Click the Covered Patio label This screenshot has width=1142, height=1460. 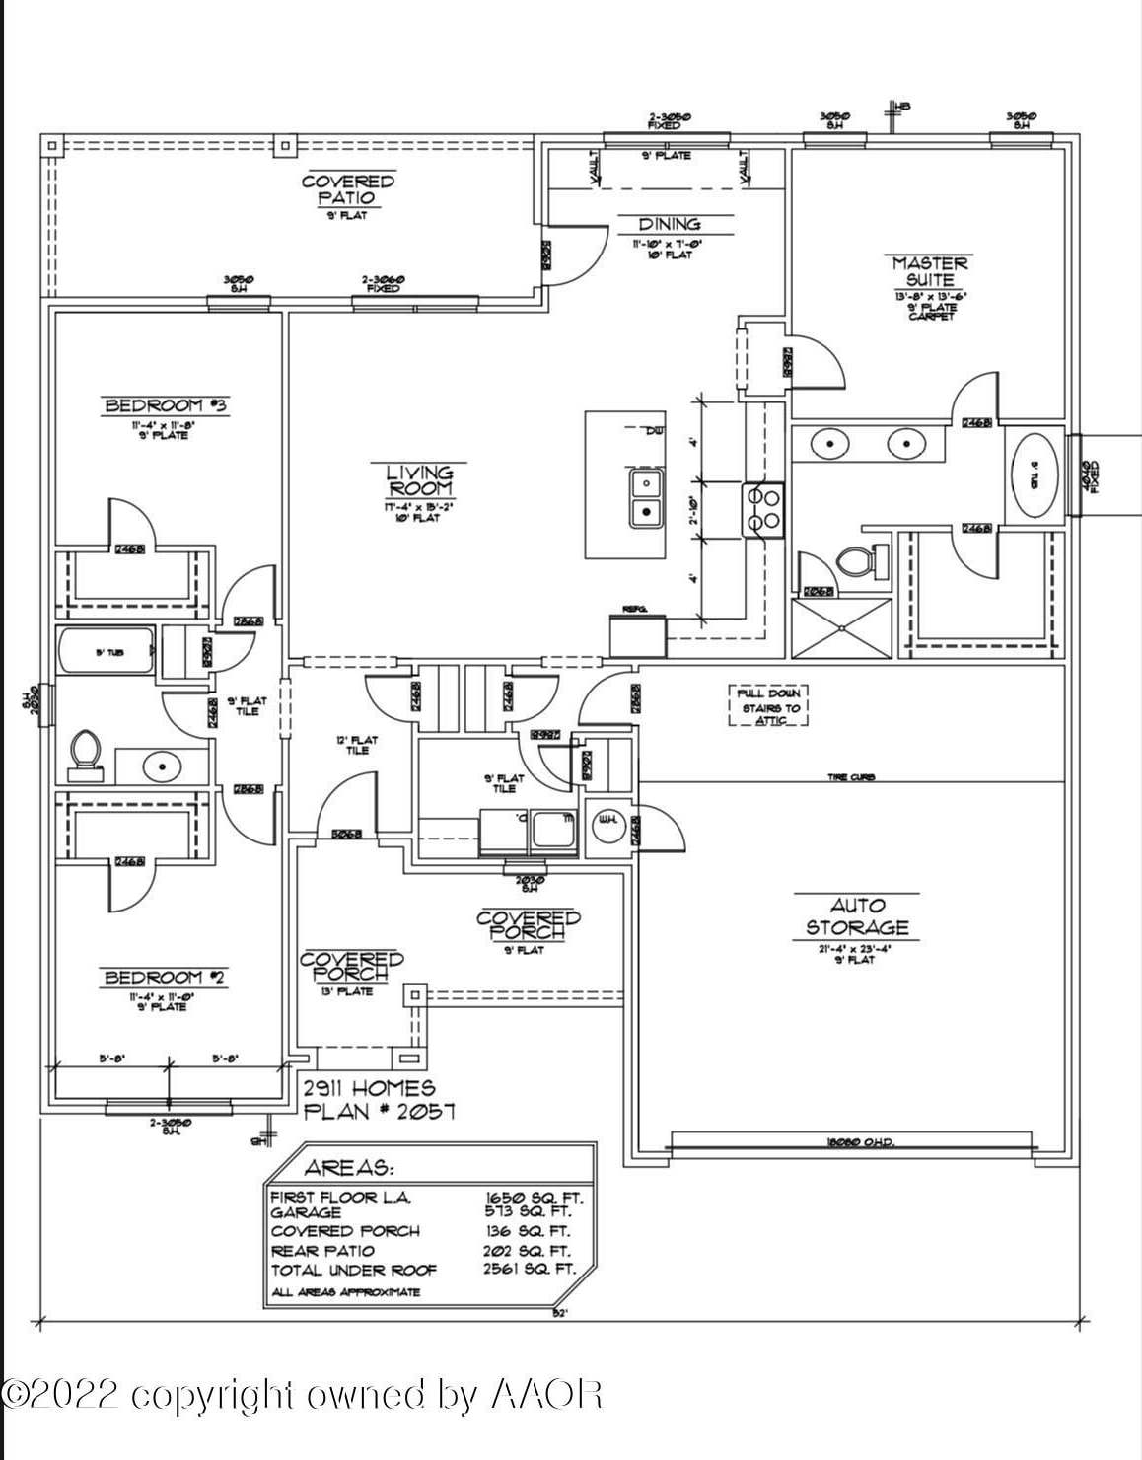pyautogui.click(x=347, y=189)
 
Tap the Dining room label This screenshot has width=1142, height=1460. pyautogui.click(x=669, y=225)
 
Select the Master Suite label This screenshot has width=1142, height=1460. pyautogui.click(x=930, y=271)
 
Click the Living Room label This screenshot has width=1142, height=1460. pyautogui.click(x=420, y=480)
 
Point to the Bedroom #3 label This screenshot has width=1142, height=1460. pyautogui.click(x=167, y=405)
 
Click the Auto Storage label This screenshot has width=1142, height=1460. pyautogui.click(x=856, y=916)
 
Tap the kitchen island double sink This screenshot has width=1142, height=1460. pyautogui.click(x=647, y=497)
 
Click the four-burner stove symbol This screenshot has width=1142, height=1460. pyautogui.click(x=763, y=509)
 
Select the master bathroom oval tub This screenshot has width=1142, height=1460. pyautogui.click(x=1035, y=474)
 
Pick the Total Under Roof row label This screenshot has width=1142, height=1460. pyautogui.click(x=353, y=1271)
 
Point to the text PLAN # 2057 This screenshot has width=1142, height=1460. pyautogui.click(x=379, y=1112)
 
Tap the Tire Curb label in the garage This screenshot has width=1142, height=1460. pyautogui.click(x=850, y=777)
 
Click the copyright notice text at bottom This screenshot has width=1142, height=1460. pyautogui.click(x=302, y=1395)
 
